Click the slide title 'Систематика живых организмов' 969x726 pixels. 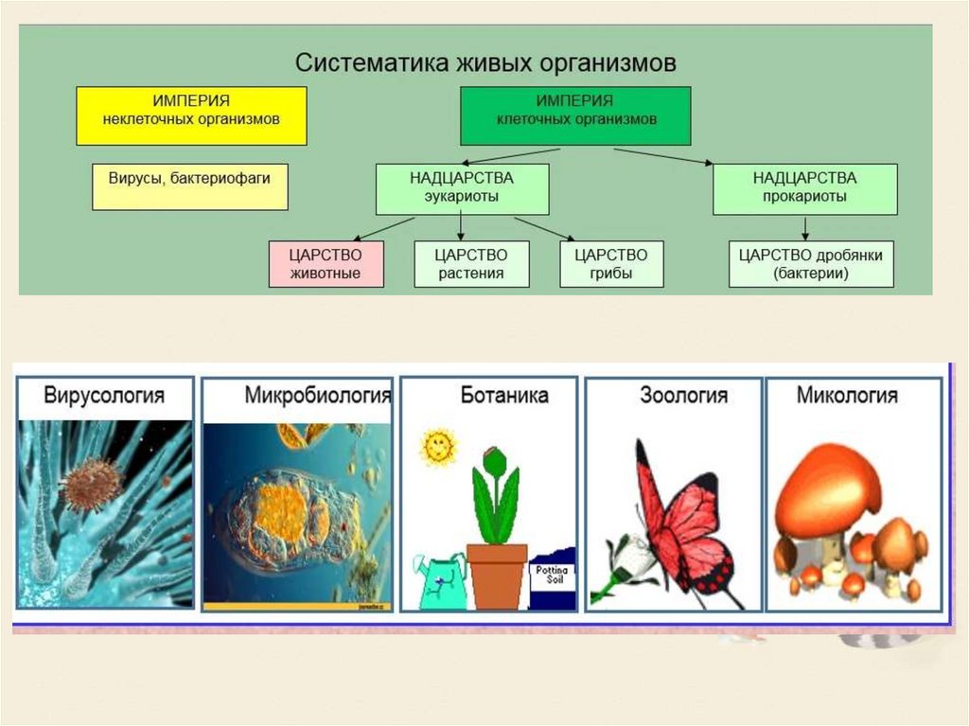486,63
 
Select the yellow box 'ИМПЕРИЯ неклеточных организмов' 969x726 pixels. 191,115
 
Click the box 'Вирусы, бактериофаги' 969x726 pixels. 190,186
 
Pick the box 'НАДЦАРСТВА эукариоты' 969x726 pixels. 462,188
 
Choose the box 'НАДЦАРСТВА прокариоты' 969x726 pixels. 804,188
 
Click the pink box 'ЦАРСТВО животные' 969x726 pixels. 327,264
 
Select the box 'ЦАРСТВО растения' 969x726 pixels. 471,264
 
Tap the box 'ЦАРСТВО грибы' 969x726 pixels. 611,264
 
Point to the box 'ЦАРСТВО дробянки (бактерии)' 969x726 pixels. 811,264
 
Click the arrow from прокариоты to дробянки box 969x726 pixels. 804,227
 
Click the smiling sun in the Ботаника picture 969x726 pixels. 437,447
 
